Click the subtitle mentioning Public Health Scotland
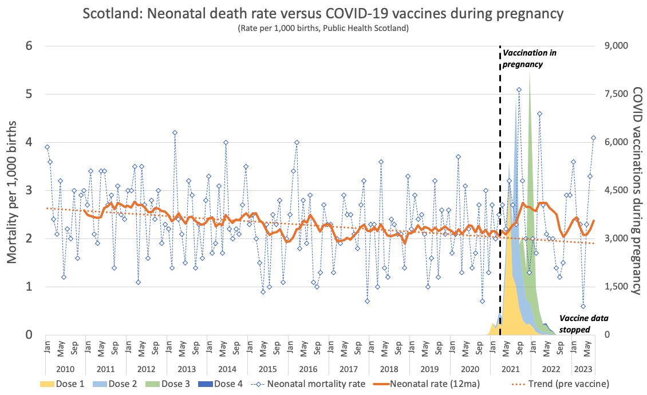(323, 28)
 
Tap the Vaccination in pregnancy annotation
(529, 58)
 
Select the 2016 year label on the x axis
(307, 370)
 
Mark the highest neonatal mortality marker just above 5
(519, 89)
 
